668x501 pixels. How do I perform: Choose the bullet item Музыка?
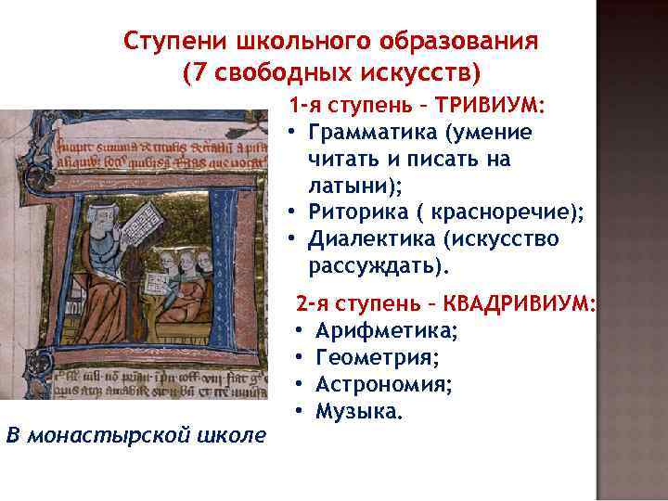click(358, 411)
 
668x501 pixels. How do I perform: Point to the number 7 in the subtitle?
click(196, 72)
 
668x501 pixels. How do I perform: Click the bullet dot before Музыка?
click(302, 411)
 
